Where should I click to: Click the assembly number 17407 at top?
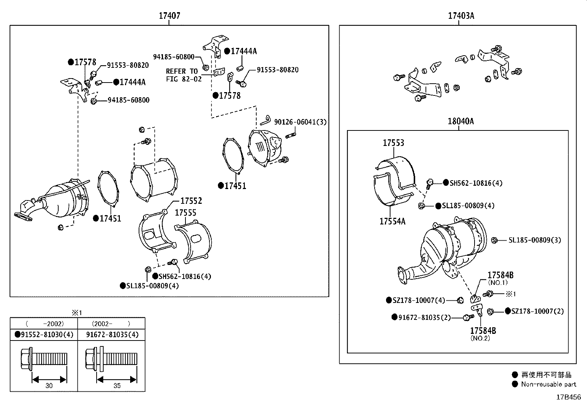click(169, 16)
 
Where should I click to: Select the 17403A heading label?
click(461, 16)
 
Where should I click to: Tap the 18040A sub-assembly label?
click(461, 121)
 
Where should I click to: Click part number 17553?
click(393, 143)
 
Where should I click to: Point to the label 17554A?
click(392, 221)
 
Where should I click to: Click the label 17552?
click(191, 201)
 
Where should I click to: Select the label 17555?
click(185, 213)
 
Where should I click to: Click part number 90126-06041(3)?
click(300, 122)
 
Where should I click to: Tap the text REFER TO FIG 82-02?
click(183, 75)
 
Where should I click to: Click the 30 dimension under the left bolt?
click(49, 385)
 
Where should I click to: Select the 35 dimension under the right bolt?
click(117, 385)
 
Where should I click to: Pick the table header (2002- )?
click(111, 324)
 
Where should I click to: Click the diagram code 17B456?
click(568, 397)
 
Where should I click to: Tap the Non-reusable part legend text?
click(548, 384)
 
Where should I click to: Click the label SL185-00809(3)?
click(535, 240)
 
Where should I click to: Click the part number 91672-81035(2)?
click(424, 317)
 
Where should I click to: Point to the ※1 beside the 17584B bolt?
click(511, 294)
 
